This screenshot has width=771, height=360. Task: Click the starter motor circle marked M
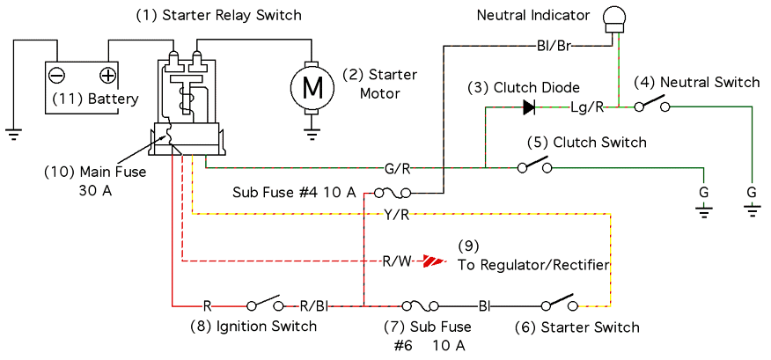(x=312, y=86)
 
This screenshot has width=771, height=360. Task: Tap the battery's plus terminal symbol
(x=107, y=75)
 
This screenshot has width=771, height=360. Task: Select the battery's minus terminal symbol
(x=56, y=75)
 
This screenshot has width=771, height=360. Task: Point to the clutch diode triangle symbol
(x=529, y=107)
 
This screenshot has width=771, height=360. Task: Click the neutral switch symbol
(x=652, y=107)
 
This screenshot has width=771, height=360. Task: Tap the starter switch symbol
(x=559, y=305)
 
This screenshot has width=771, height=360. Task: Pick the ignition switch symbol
(x=266, y=305)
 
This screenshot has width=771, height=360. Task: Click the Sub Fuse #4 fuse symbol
(x=388, y=192)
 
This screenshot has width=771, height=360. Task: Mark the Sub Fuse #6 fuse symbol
(x=418, y=305)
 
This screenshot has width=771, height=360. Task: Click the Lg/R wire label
(x=587, y=107)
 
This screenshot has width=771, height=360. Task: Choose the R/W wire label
(x=395, y=261)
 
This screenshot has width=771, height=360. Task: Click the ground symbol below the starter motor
(x=312, y=134)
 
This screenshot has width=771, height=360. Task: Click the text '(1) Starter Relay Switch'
(x=217, y=15)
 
